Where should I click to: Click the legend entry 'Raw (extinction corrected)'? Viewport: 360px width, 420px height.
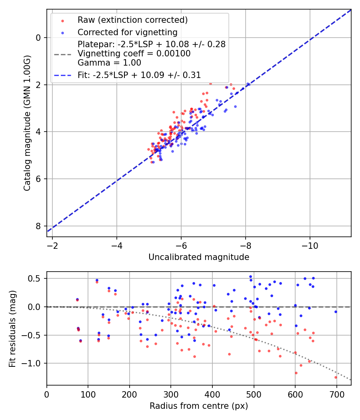click(132, 20)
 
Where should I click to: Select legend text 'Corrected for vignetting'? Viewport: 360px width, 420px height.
click(127, 32)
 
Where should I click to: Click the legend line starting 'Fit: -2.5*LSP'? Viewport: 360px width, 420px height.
click(139, 75)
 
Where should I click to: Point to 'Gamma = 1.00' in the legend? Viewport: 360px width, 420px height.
click(109, 63)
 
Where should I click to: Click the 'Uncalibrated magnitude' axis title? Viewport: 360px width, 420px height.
click(199, 257)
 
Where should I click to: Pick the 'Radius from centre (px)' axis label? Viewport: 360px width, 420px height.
click(199, 406)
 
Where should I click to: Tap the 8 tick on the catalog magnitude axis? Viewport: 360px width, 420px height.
click(39, 226)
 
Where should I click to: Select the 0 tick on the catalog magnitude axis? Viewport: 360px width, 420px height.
click(39, 38)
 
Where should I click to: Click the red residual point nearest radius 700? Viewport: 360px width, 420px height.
click(336, 377)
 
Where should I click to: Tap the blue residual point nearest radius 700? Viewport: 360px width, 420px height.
click(336, 312)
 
